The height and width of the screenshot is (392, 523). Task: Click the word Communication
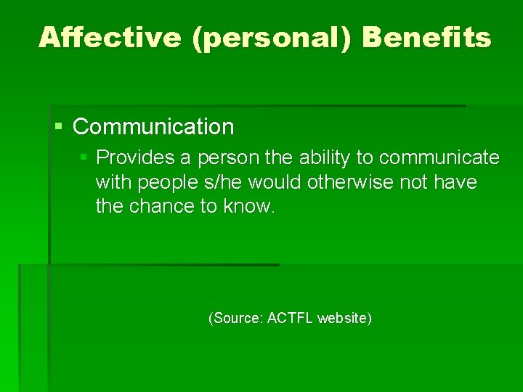pyautogui.click(x=153, y=127)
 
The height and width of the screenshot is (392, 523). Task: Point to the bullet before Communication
pyautogui.click(x=60, y=127)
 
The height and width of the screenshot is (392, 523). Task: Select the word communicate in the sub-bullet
pyautogui.click(x=439, y=158)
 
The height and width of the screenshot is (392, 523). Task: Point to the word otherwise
pyautogui.click(x=350, y=181)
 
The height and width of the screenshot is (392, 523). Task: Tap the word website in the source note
pyautogui.click(x=345, y=318)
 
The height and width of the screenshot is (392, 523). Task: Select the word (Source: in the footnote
pyautogui.click(x=236, y=318)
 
